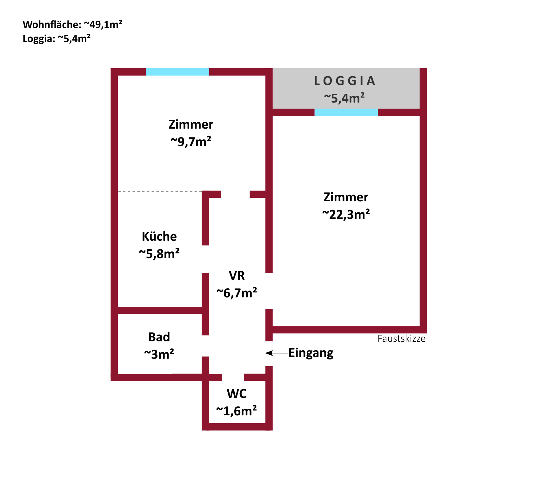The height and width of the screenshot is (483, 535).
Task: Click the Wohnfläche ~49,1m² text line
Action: point(72,24)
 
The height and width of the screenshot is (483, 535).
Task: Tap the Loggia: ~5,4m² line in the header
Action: point(57,39)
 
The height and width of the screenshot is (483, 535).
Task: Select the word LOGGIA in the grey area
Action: point(345,81)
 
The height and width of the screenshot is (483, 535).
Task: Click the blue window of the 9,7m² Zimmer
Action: point(177,72)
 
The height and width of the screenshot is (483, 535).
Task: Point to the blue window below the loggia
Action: point(346,112)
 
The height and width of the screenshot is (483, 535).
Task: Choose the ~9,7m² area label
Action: point(191,142)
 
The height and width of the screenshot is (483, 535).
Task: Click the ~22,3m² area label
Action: point(346,214)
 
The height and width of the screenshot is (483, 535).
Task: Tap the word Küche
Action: point(159,236)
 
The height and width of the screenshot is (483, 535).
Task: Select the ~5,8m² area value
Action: point(159,254)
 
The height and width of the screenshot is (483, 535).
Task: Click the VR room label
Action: point(237,276)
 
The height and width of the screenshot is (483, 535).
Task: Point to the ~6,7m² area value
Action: point(237,293)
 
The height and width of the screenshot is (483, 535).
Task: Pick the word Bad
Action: point(159,337)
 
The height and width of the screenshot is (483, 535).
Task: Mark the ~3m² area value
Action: point(159,354)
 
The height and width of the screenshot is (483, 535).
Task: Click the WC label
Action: point(237,394)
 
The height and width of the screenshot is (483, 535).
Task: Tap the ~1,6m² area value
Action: point(237,411)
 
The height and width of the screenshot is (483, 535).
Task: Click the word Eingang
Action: point(311,353)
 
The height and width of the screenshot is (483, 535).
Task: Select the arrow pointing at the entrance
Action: point(277,353)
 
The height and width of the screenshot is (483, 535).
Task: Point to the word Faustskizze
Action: point(401,339)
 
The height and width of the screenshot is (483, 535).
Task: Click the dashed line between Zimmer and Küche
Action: point(160,191)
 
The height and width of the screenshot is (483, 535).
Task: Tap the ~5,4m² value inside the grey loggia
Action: point(344,98)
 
